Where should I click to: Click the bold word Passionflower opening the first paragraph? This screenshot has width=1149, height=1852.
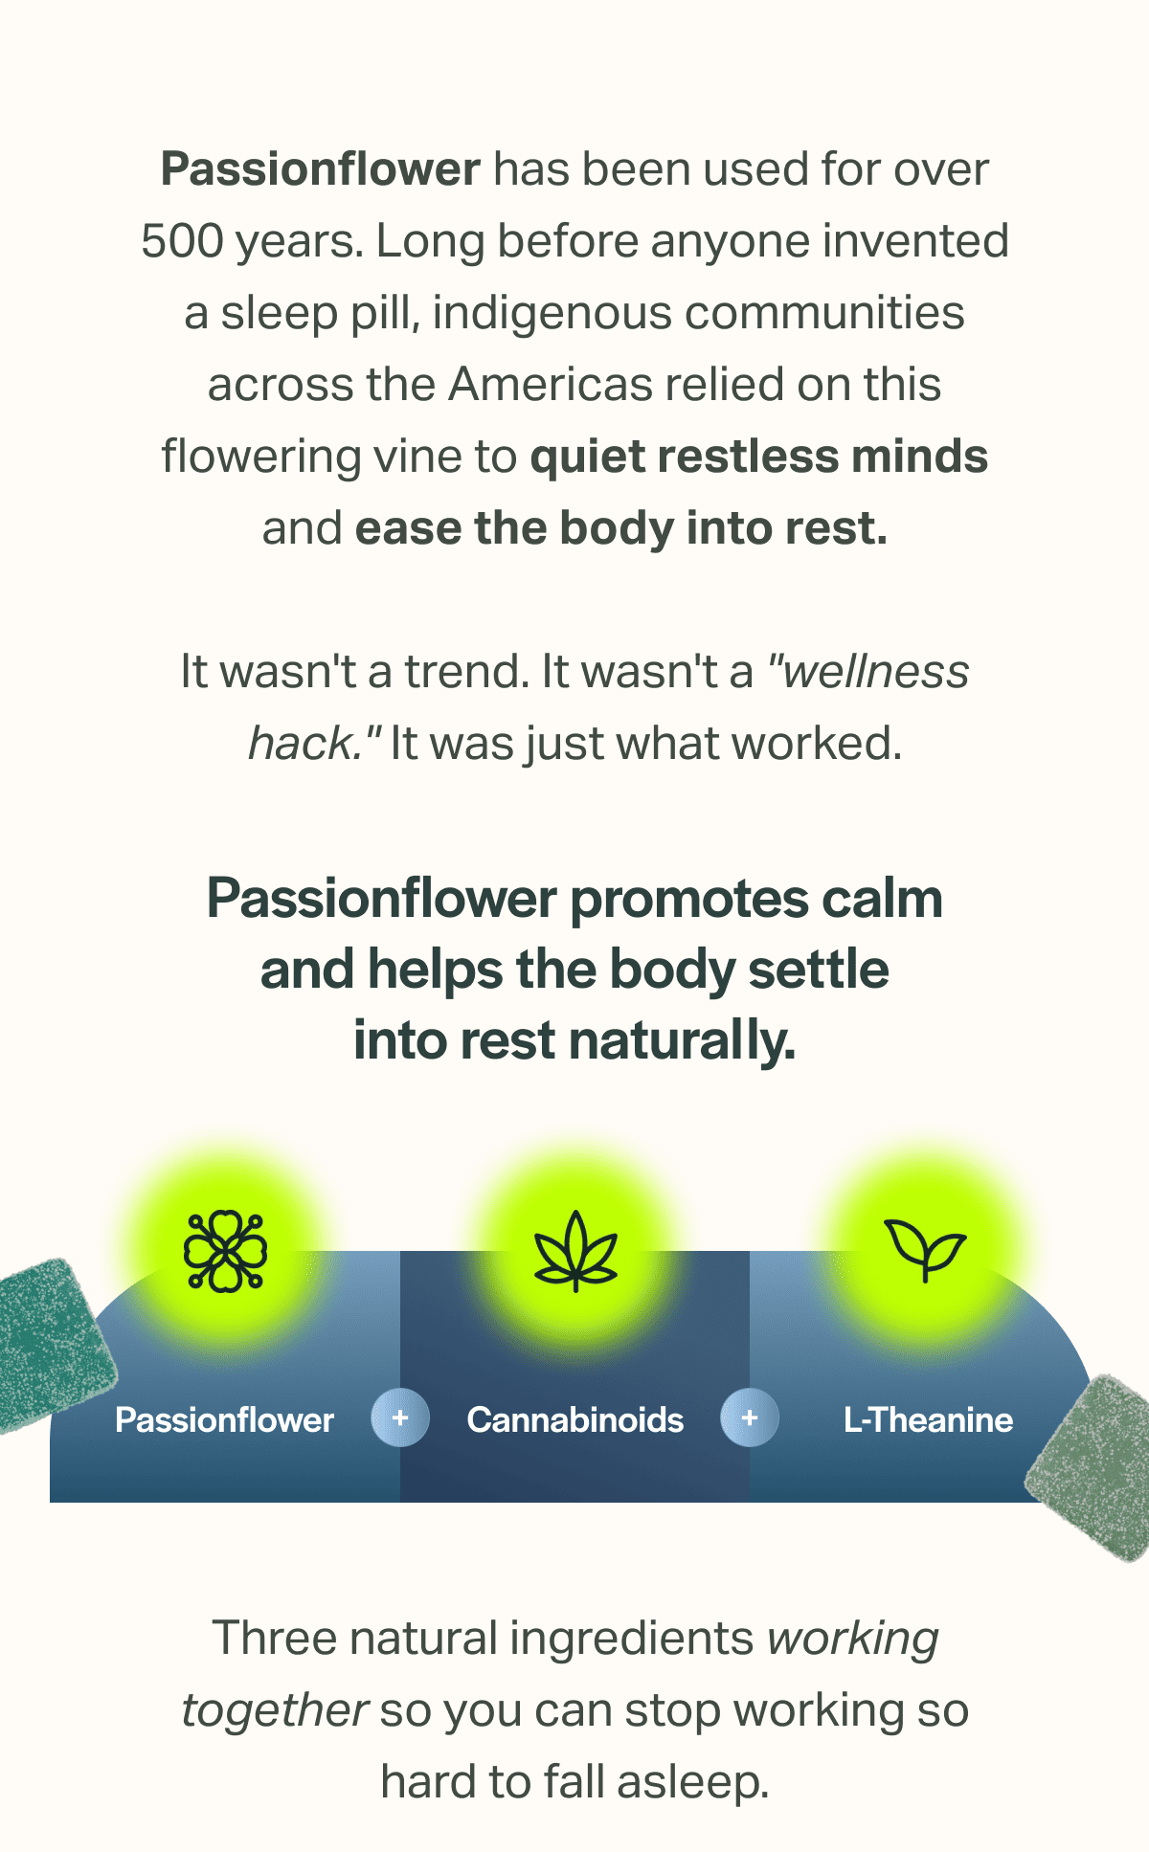[320, 169]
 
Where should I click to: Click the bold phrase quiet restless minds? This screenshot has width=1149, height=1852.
[758, 457]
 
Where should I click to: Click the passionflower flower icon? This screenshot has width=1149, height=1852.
[226, 1251]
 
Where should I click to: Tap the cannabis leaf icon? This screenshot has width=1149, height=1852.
[575, 1251]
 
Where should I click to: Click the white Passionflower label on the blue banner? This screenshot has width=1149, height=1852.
[224, 1419]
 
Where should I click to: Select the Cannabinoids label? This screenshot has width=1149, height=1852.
[575, 1419]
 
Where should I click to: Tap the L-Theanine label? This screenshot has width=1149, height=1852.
[928, 1419]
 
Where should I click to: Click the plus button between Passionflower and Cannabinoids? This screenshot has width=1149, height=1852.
[400, 1417]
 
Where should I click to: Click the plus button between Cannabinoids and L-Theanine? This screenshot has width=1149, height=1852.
[750, 1417]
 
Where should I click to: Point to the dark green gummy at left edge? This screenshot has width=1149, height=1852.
[48, 1345]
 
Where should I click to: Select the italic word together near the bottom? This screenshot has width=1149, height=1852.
[275, 1710]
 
